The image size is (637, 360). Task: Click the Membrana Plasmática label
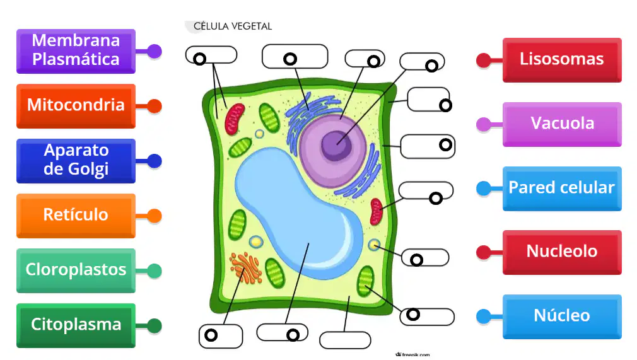coord(76,51)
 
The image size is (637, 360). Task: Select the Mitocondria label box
coord(76,106)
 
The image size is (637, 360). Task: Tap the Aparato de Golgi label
coord(76,161)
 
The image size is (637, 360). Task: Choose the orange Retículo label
coord(76,216)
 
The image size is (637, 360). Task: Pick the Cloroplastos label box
coord(76,270)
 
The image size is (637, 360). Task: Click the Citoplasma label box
coord(76,325)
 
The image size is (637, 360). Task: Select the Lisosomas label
coord(562,60)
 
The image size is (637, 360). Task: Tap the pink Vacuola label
coord(562,124)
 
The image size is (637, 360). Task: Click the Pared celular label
coord(562,189)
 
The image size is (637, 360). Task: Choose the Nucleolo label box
coord(562,252)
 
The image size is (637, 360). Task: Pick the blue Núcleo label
coord(562,316)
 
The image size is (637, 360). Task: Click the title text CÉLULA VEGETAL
coord(232,26)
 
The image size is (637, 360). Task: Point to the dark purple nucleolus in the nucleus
coord(336,145)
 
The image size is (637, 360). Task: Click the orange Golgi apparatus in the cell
coord(246,268)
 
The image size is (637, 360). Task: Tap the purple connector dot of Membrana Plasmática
coord(155,51)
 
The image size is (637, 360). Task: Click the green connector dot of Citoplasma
coord(155,325)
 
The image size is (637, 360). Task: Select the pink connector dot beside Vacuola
coord(484,124)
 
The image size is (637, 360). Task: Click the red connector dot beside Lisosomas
coord(484,60)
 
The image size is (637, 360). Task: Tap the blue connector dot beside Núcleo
coord(484,316)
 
